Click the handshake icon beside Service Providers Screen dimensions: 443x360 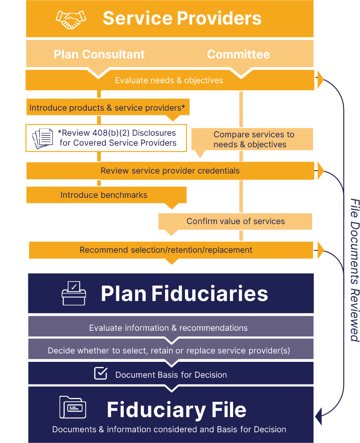coord(71,19)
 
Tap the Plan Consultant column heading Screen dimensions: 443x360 coord(99,55)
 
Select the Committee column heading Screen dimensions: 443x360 coord(238,55)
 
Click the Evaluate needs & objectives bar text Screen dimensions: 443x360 coord(169,80)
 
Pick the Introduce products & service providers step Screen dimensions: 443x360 coord(107,108)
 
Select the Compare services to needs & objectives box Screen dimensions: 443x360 coord(253,139)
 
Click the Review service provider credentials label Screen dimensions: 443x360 coord(170,171)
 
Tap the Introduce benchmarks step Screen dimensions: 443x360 coord(104,195)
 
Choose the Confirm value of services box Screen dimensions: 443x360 coord(235,221)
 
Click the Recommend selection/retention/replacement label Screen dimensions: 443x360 coord(166,250)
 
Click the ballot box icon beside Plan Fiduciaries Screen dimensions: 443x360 coord(74,293)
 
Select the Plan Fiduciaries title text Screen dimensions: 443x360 coord(184,294)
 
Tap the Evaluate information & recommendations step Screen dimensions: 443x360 coord(168,328)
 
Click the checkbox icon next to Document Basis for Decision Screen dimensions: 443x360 coord(101,373)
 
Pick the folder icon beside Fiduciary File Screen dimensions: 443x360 coord(72,407)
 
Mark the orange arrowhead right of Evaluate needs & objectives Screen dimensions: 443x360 coord(320,80)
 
